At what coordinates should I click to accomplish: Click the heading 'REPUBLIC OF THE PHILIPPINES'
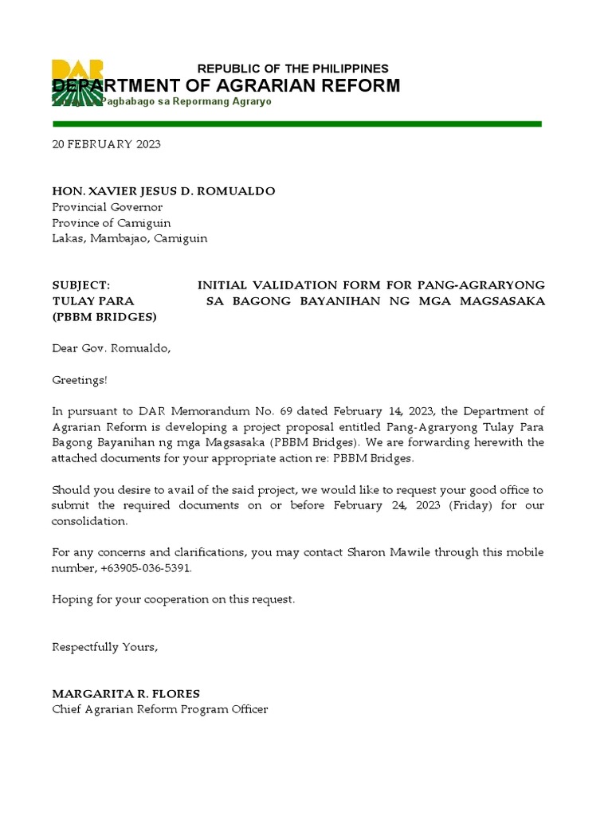pos(292,69)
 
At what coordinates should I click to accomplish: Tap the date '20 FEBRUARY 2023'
pos(106,144)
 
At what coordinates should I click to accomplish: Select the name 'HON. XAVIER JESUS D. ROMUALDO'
pos(163,191)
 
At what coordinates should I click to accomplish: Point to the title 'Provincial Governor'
pos(107,207)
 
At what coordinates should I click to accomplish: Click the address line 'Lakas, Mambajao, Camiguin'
pos(130,238)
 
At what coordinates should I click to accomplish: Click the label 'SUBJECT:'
pos(80,284)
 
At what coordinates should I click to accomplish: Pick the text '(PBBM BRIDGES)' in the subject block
pos(104,316)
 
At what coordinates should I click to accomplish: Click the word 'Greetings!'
pos(79,380)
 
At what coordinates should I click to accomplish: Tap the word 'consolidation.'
pos(89,520)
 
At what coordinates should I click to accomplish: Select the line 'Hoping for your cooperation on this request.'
pos(173,599)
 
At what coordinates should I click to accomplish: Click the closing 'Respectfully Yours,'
pos(105,647)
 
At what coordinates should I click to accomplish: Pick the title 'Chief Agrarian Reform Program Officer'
pos(160,709)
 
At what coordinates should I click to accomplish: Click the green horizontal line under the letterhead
pos(296,124)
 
